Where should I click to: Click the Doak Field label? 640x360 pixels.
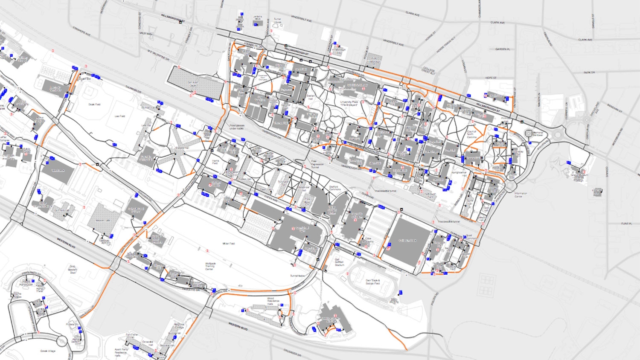tap(94, 104)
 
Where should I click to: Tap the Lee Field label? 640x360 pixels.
tap(120, 116)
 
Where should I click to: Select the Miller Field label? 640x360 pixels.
tap(229, 244)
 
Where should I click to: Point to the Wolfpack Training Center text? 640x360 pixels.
tap(210, 266)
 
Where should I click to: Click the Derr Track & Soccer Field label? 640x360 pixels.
tap(372, 282)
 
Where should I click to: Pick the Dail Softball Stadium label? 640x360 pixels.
tap(339, 262)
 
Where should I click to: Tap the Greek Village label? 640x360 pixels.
tap(48, 351)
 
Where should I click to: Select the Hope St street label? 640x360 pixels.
tap(491, 78)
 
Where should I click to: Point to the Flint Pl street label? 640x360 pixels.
tap(626, 223)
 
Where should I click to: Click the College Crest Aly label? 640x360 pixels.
tap(428, 71)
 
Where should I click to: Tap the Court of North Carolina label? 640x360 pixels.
tap(471, 134)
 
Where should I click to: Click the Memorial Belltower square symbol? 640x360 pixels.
tap(529, 134)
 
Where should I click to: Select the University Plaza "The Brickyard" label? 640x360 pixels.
tap(349, 103)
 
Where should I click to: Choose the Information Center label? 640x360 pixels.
tap(521, 195)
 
